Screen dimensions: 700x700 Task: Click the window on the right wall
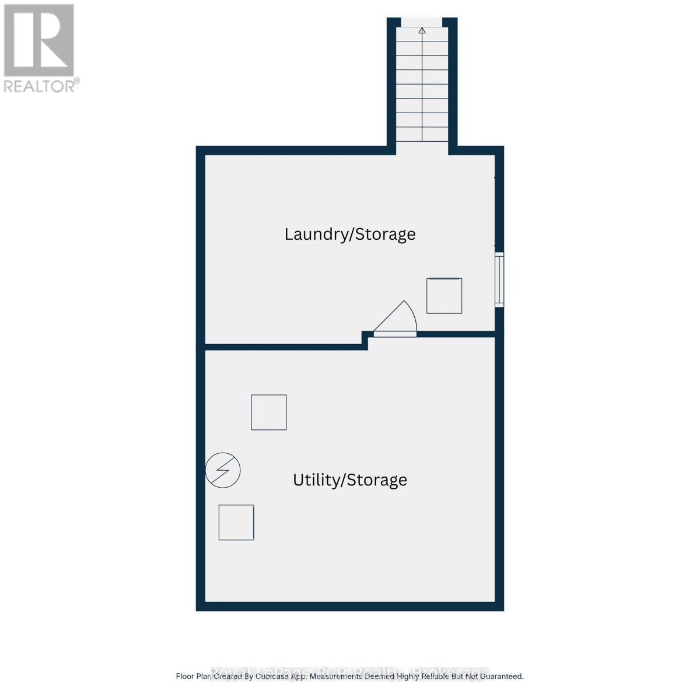pyautogui.click(x=499, y=279)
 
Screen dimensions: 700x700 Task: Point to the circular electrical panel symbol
pyautogui.click(x=223, y=470)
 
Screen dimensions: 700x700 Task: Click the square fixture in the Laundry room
pyautogui.click(x=444, y=296)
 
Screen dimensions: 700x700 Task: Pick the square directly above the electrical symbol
pyautogui.click(x=269, y=412)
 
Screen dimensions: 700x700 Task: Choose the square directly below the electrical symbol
pyautogui.click(x=236, y=522)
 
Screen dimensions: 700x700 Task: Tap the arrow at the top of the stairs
pyautogui.click(x=422, y=30)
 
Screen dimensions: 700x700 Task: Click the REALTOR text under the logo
pyautogui.click(x=40, y=86)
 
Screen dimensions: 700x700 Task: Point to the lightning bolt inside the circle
pyautogui.click(x=223, y=470)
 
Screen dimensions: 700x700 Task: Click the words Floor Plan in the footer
pyautogui.click(x=194, y=677)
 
